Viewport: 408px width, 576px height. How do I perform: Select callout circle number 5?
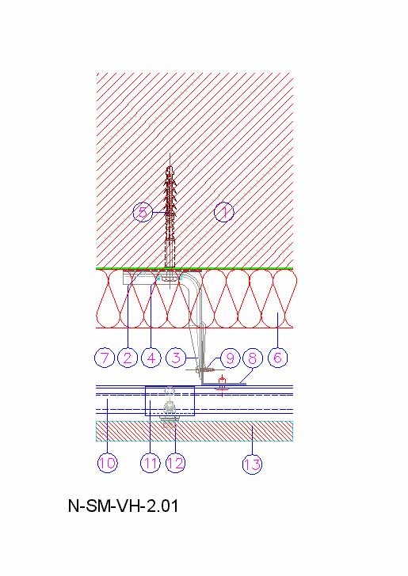(x=143, y=212)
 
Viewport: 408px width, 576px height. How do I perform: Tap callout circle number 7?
(x=105, y=358)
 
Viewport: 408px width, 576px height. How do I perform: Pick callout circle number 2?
(x=128, y=358)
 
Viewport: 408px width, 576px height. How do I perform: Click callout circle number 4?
(x=151, y=358)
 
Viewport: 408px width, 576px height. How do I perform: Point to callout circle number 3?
(x=176, y=358)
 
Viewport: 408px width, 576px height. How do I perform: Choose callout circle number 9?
(x=230, y=358)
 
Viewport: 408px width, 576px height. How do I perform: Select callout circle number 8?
(x=253, y=358)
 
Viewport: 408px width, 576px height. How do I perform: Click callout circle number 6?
(x=278, y=358)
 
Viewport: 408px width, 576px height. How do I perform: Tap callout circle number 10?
(x=108, y=463)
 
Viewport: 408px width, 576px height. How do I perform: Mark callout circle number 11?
(x=150, y=463)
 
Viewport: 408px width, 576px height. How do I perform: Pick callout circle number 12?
(x=175, y=463)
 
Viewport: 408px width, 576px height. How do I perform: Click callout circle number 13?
(x=253, y=464)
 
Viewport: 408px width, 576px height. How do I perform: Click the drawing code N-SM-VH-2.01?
(x=124, y=506)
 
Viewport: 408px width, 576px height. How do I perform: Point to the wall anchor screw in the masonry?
(x=170, y=217)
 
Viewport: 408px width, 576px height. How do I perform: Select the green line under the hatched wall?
(x=195, y=268)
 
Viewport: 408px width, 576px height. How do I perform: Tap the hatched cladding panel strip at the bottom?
(x=195, y=431)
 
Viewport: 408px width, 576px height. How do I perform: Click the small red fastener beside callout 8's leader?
(x=222, y=385)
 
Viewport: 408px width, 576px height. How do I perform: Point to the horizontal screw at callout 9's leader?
(x=204, y=369)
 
